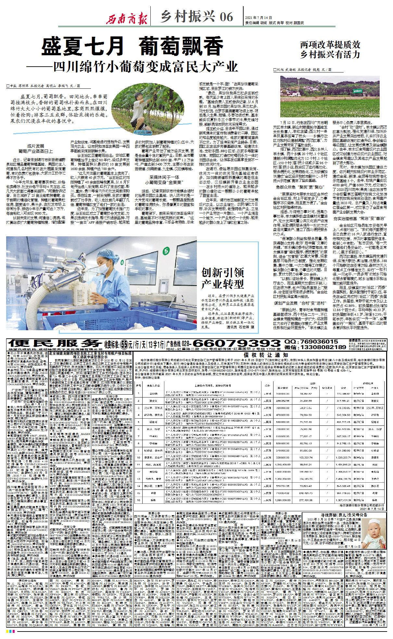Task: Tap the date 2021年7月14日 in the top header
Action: [x=259, y=18]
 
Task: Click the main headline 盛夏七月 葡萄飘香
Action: [x=132, y=46]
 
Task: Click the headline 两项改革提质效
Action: [x=330, y=45]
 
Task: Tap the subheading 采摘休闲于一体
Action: [x=164, y=177]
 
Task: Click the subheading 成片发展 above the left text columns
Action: [x=36, y=146]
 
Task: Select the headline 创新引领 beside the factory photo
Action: [x=222, y=272]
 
